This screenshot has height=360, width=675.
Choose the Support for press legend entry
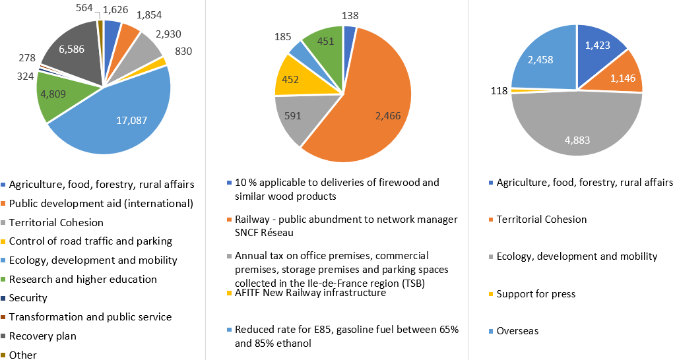(x=536, y=293)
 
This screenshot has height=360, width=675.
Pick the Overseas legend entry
(x=517, y=331)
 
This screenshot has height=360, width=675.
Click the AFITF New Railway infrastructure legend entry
(x=310, y=293)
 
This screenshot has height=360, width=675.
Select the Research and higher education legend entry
(x=83, y=280)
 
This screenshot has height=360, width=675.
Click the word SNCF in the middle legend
(x=249, y=232)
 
